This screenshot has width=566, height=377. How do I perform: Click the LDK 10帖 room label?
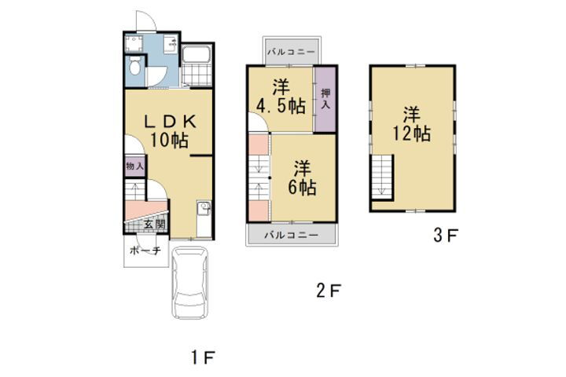tap(170, 131)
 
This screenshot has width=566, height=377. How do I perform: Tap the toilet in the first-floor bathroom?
tap(134, 65)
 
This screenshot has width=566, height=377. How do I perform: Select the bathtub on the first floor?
tap(196, 54)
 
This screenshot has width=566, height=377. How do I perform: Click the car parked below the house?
tap(190, 283)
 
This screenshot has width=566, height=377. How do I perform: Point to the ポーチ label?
tap(145, 251)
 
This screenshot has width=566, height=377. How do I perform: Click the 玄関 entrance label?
tap(155, 225)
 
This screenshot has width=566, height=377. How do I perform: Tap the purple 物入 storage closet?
tap(135, 167)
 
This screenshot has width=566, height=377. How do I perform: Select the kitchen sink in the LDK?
tap(204, 208)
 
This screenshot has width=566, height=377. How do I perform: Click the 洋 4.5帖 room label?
tap(281, 97)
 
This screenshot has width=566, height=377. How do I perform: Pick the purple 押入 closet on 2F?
tap(325, 100)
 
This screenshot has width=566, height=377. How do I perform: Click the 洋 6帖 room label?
tap(302, 178)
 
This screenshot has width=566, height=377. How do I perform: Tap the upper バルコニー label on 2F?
tap(291, 52)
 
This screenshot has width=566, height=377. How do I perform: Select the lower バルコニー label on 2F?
tap(292, 235)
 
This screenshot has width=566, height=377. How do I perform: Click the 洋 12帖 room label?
tap(411, 124)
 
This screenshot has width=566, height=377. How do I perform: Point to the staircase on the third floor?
tap(382, 178)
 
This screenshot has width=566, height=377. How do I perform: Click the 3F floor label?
tap(446, 236)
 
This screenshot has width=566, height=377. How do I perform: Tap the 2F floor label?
tap(329, 291)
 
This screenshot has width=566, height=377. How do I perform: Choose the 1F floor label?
tap(203, 357)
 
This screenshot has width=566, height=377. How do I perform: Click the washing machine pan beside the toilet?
tap(134, 44)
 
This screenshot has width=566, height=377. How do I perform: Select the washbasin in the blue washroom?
tap(171, 45)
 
